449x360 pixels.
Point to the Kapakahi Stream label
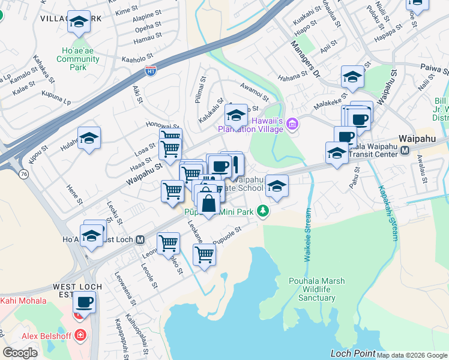click(387, 212)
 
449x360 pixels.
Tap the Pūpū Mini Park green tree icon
click(262, 211)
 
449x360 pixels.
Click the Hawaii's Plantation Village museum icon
click(292, 124)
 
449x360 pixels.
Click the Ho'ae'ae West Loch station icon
click(140, 239)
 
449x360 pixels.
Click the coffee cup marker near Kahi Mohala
click(84, 302)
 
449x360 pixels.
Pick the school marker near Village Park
click(78, 23)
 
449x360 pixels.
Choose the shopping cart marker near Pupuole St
click(204, 254)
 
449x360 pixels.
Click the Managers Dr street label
click(306, 60)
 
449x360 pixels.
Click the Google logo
click(20, 353)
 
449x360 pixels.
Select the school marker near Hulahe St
click(89, 139)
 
